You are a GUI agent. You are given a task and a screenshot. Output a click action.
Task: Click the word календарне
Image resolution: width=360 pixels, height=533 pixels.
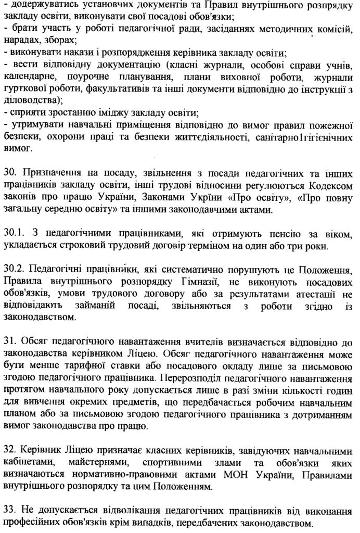[x=29, y=77]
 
